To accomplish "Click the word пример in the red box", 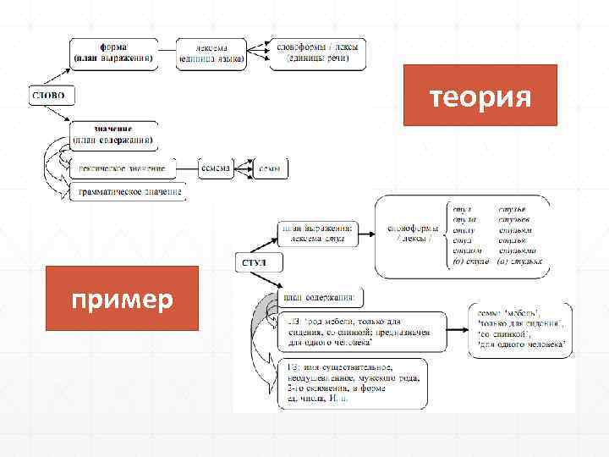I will tap(123, 300).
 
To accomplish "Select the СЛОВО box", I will tap(52, 94).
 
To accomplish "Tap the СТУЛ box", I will tap(254, 263).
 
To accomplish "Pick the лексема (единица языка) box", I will tap(211, 52).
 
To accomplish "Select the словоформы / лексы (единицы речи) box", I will tap(317, 52).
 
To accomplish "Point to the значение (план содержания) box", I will tap(112, 135).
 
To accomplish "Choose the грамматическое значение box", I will tap(129, 193).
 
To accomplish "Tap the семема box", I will tap(215, 168).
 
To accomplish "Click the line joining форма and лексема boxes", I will tap(167, 52).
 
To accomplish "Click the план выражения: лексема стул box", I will tap(318, 234).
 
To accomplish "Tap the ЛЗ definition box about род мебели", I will tap(350, 333).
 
